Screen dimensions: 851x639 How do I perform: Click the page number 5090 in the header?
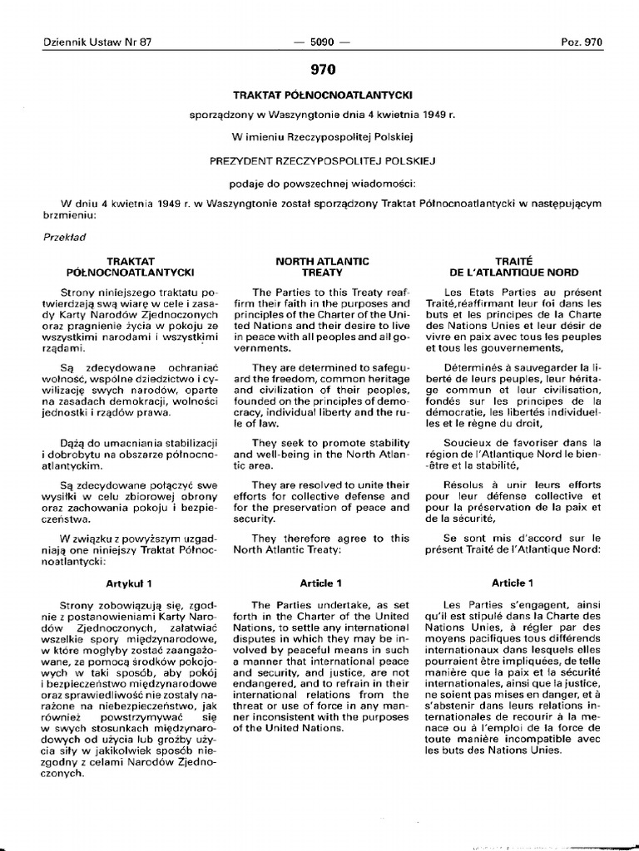coord(319,42)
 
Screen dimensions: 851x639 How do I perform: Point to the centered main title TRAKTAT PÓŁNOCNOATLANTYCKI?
coord(323,96)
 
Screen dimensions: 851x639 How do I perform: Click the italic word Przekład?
coord(64,236)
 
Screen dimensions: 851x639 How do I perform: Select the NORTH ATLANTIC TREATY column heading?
coord(322,267)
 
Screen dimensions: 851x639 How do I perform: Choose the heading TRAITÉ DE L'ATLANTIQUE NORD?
coord(513,267)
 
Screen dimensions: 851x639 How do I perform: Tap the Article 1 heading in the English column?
coord(320,583)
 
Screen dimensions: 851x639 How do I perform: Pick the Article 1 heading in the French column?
coord(513,583)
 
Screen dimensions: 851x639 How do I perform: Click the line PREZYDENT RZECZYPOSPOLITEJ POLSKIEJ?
coord(323,160)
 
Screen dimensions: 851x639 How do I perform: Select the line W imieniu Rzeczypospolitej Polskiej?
coord(323,135)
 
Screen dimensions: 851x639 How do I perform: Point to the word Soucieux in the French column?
coord(466,443)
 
